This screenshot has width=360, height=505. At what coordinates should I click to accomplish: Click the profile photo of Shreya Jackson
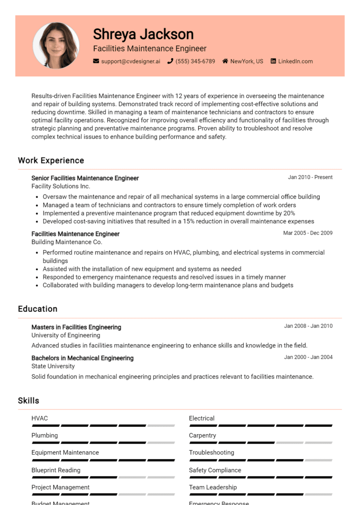[56, 45]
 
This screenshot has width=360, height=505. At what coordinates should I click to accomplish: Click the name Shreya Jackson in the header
[143, 34]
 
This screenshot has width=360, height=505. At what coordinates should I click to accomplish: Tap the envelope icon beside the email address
[96, 61]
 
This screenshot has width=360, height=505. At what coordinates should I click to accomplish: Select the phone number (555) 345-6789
[195, 61]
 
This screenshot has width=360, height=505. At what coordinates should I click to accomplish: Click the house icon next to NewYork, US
[225, 61]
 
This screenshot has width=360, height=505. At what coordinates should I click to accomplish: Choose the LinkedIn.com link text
[295, 61]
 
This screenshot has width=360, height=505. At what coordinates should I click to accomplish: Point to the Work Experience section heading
[51, 160]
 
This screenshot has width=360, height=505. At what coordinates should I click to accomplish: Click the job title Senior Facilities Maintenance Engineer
[85, 178]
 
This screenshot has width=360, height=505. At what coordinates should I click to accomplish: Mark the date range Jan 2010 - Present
[310, 178]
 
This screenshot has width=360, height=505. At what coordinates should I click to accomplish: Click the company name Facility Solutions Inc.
[60, 186]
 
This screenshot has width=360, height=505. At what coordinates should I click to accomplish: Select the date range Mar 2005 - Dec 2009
[308, 233]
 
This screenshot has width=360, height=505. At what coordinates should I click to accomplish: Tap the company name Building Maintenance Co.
[67, 242]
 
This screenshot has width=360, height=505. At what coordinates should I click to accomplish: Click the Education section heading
[37, 309]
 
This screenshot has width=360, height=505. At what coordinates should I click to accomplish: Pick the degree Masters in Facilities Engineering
[76, 327]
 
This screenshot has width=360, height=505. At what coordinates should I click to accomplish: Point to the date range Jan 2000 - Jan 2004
[308, 357]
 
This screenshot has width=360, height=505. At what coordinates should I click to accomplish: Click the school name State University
[53, 366]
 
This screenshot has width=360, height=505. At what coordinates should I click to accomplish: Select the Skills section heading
[29, 401]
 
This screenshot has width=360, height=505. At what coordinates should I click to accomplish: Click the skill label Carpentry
[202, 436]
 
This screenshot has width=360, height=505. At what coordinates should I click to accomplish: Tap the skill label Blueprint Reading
[56, 470]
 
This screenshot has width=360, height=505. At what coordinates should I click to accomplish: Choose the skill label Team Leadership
[213, 487]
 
